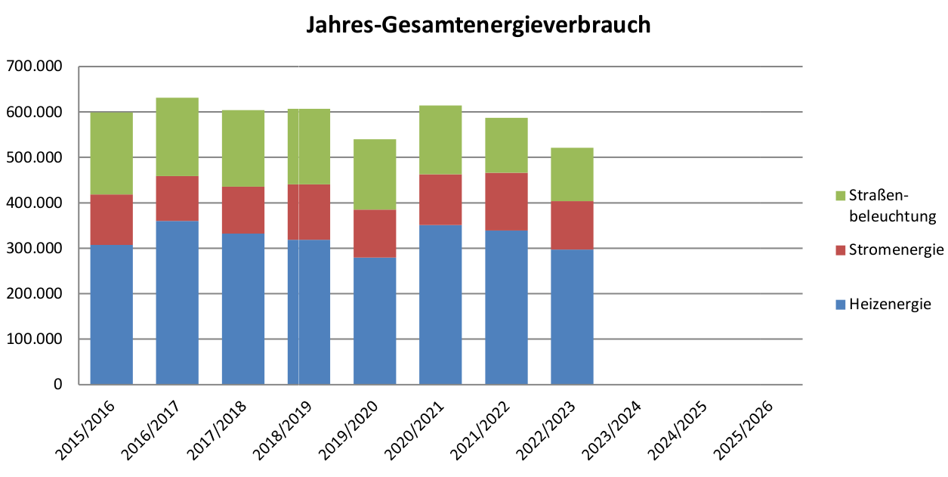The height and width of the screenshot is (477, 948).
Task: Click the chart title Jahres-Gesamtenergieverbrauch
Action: click(478, 24)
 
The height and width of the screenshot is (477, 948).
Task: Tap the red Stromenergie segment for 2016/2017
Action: click(177, 198)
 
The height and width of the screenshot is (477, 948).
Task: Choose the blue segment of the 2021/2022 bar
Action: click(505, 307)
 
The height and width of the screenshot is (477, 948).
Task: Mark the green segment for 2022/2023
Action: click(571, 174)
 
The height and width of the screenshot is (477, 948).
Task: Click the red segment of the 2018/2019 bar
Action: click(308, 212)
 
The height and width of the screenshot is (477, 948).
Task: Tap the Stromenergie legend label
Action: click(896, 249)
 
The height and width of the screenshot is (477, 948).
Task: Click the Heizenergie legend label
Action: click(890, 305)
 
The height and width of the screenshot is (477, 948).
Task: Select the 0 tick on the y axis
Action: click(57, 384)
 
